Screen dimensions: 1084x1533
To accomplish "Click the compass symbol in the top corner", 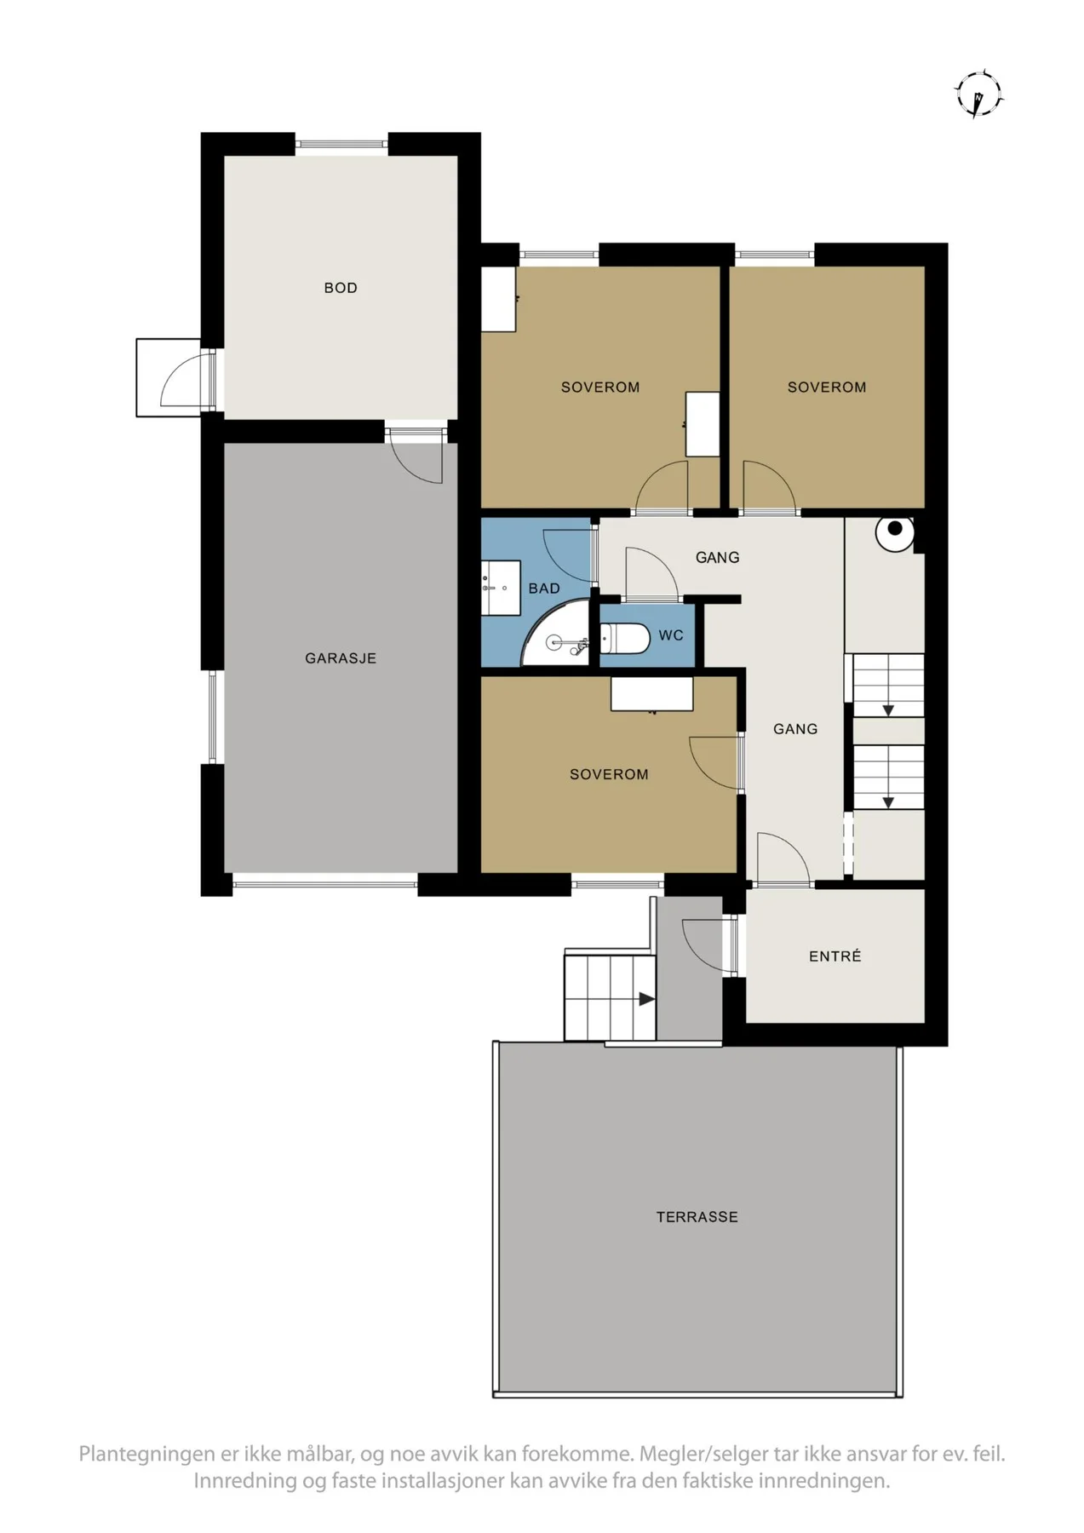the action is (x=979, y=93).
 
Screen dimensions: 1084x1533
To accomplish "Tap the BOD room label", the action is (x=341, y=288).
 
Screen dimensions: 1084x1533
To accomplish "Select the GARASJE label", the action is (x=341, y=657).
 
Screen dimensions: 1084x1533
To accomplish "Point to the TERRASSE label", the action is (x=697, y=1217).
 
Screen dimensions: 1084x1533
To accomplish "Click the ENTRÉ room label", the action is (x=835, y=956).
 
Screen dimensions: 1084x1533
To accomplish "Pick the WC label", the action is (x=671, y=635).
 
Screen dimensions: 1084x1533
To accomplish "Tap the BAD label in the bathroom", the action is (x=544, y=589).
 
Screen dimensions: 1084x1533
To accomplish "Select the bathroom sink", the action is (x=501, y=588).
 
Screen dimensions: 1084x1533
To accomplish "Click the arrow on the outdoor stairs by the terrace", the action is (x=646, y=999).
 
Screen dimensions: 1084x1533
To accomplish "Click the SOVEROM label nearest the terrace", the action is (x=609, y=774).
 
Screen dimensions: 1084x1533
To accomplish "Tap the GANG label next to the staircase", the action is (x=795, y=729).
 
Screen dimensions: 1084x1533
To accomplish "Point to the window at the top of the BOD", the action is (x=341, y=144).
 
